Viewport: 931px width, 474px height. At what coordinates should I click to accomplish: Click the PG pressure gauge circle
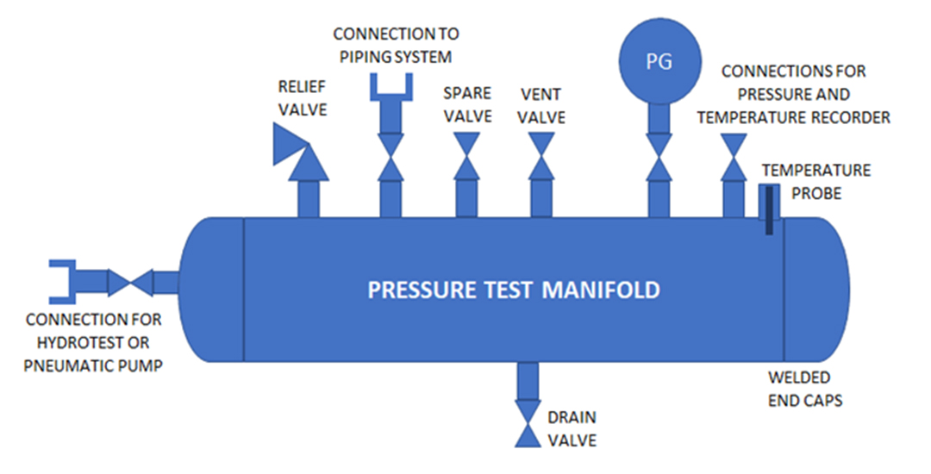coord(659,63)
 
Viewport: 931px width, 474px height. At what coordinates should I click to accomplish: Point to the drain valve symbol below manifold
coord(527,427)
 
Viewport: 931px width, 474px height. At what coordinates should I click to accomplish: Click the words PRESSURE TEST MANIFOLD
coord(514,290)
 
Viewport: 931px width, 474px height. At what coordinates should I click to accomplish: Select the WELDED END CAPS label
coord(799,389)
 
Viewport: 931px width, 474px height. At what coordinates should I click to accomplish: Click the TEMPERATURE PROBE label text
coord(815,182)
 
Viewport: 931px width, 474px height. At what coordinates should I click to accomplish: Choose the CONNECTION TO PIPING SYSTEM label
coord(396,46)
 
